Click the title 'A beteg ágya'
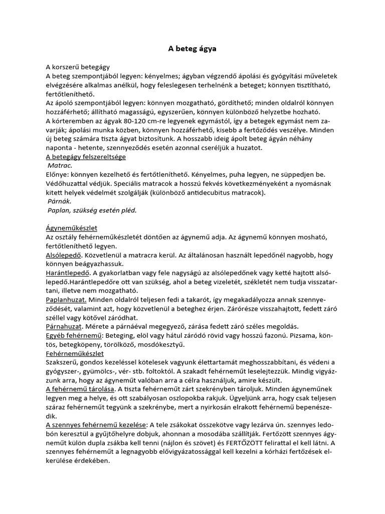pyautogui.click(x=192, y=49)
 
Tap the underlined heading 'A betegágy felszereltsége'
pyautogui.click(x=86, y=157)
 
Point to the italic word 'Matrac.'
pyautogui.click(x=60, y=165)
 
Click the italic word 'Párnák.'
pyautogui.click(x=60, y=201)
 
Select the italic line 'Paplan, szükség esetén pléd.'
pyautogui.click(x=92, y=210)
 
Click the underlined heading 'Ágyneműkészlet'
pyautogui.click(x=71, y=228)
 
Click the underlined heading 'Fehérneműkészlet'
pyautogui.click(x=75, y=353)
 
